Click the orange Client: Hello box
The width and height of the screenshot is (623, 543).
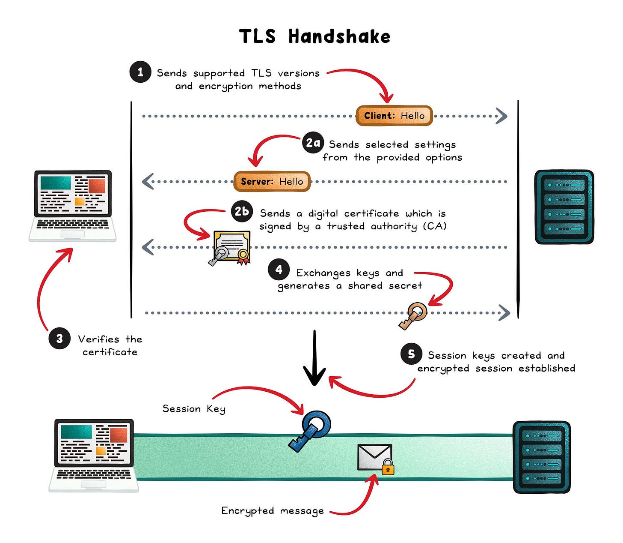(x=394, y=116)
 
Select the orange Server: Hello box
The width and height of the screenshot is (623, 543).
(x=272, y=181)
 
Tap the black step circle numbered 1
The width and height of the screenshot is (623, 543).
(x=140, y=72)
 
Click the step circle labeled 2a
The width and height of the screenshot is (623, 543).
(x=313, y=143)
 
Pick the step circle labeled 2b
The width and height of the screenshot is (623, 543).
(x=242, y=211)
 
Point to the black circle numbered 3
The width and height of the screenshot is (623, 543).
(x=59, y=339)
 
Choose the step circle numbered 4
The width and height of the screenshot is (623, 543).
(x=279, y=270)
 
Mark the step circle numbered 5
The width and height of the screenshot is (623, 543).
(x=411, y=354)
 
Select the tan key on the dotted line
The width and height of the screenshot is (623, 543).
(x=414, y=315)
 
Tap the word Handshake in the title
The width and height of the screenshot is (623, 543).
(x=339, y=36)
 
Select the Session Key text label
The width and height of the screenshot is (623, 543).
(x=194, y=409)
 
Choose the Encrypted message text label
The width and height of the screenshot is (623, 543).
(x=272, y=510)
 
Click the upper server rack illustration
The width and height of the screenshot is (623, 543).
(x=564, y=207)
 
